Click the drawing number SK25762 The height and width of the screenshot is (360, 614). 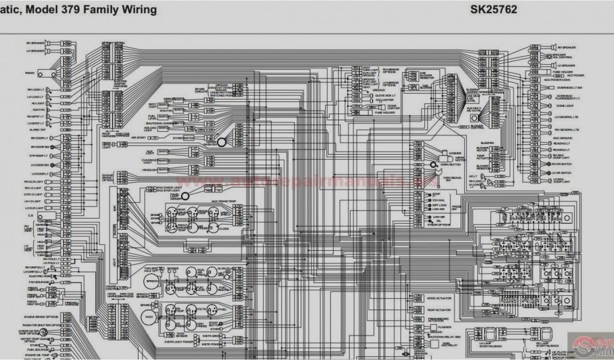pos(493,10)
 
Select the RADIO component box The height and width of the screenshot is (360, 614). pos(44,73)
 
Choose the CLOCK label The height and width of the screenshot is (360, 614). pos(224,229)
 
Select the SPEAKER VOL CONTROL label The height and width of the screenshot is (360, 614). pos(567,56)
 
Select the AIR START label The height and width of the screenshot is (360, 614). pos(139,137)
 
